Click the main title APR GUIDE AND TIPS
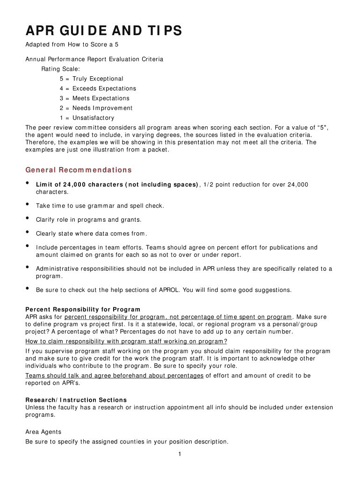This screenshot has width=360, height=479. (x=103, y=31)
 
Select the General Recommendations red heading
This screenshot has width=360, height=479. (x=78, y=170)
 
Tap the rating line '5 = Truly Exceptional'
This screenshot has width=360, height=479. (x=91, y=79)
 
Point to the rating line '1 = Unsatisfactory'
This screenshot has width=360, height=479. (x=86, y=118)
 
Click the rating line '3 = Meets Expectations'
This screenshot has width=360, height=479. (x=94, y=98)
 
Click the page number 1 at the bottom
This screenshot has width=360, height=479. (x=180, y=454)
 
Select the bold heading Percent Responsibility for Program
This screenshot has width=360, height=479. (x=83, y=309)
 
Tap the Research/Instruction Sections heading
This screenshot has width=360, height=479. (x=76, y=400)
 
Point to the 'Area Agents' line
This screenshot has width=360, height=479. (x=43, y=432)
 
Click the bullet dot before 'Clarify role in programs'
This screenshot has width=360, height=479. (x=28, y=218)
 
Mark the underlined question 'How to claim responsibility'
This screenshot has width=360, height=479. (x=126, y=341)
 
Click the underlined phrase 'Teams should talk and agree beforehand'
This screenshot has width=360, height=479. (x=114, y=376)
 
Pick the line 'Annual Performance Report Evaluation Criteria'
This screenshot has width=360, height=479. (x=94, y=59)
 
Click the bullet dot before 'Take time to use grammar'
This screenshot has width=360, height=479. (x=28, y=204)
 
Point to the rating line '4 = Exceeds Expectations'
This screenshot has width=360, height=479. (x=97, y=88)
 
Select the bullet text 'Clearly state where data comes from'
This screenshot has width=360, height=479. (x=92, y=233)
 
